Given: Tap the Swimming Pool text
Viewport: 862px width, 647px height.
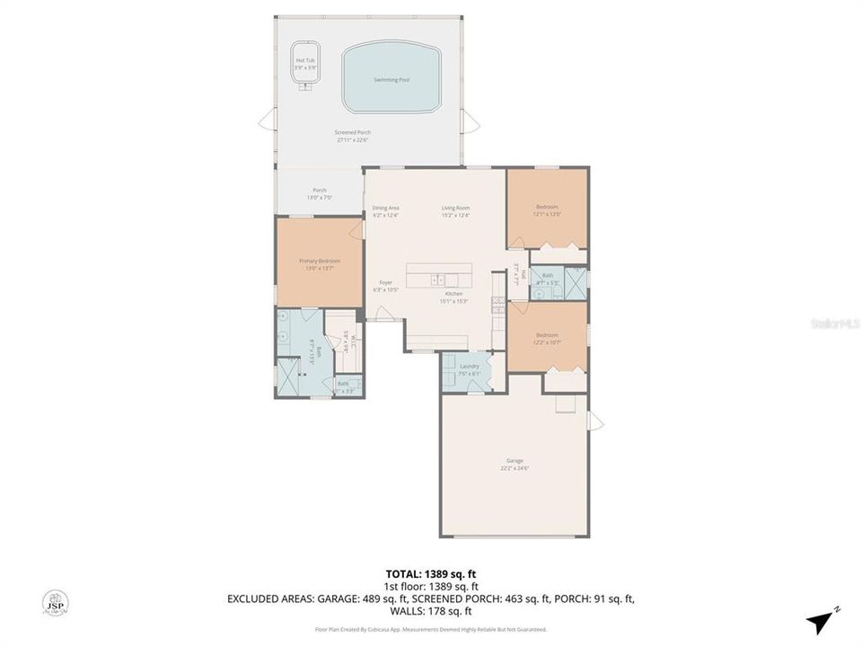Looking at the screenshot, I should (391, 80).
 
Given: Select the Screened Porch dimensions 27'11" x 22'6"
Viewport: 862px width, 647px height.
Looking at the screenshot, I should (353, 139).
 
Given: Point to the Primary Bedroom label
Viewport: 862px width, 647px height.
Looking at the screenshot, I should (320, 261).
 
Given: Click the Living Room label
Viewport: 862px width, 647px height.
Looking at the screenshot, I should (455, 208).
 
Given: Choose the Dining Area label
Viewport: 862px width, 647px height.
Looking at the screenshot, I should (386, 208).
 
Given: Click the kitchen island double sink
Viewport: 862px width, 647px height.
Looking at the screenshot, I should (435, 279).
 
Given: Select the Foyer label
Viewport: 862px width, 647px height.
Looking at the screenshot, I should (385, 282).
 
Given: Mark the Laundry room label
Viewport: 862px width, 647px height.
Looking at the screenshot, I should (469, 366).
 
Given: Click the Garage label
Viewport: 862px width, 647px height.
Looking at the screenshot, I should (515, 461).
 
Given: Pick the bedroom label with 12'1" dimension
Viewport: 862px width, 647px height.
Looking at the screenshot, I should (548, 208).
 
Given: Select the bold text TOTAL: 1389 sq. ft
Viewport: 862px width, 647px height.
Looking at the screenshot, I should (431, 572).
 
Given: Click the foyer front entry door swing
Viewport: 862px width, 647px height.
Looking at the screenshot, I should (384, 313).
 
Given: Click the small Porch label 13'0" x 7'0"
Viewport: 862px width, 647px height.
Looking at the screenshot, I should (320, 191).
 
